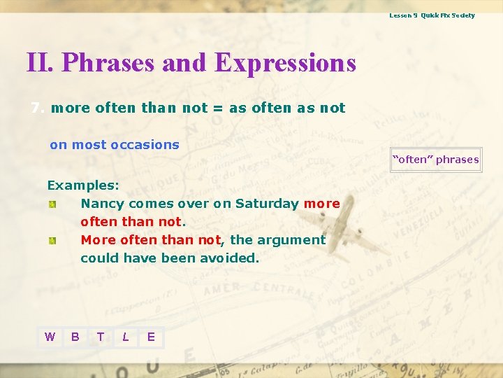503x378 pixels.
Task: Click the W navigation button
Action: [x=50, y=337]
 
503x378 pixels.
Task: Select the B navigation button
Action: [x=75, y=337]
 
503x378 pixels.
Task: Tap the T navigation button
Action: [x=101, y=337]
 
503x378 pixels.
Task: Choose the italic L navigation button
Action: [x=126, y=337]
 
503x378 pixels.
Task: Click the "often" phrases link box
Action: [x=436, y=160]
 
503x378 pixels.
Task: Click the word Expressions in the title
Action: [x=286, y=63]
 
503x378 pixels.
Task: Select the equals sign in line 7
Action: [x=218, y=108]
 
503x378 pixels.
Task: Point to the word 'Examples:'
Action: [x=83, y=185]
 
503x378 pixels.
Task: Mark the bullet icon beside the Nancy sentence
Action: [x=52, y=204]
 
